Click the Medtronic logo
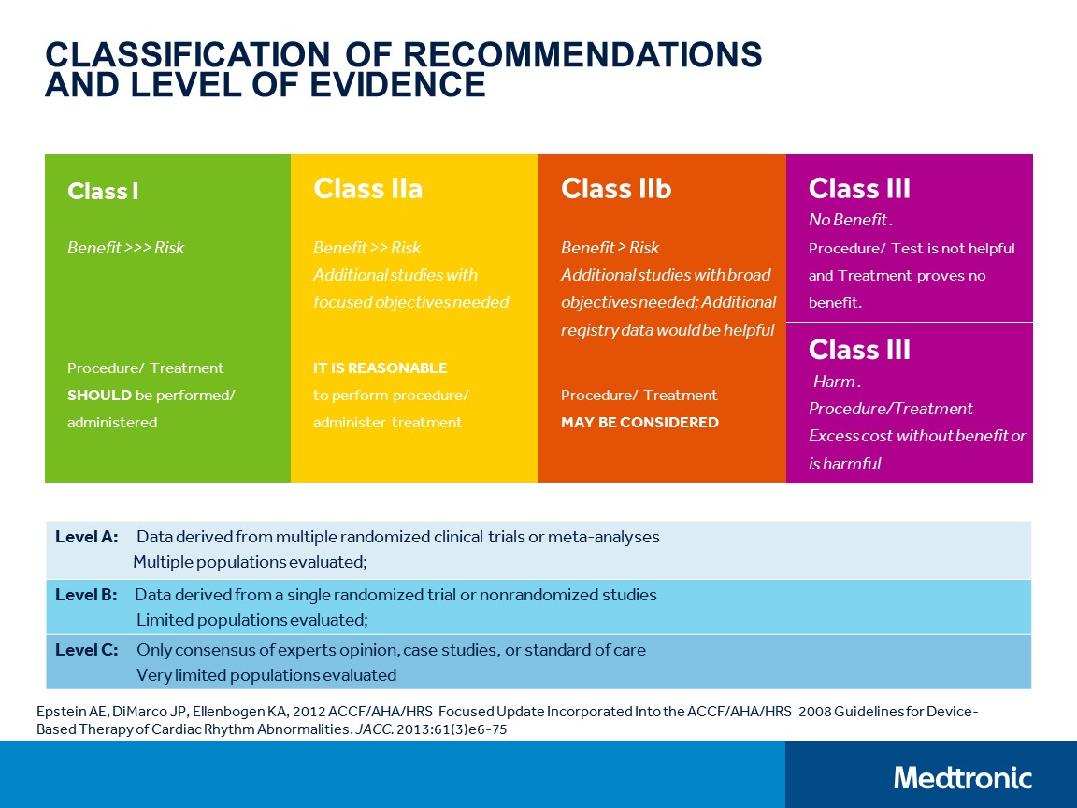point(962,777)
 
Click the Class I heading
point(103,192)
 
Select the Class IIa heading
point(367,189)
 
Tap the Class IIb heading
point(615,189)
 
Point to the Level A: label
point(86,537)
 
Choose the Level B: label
point(86,595)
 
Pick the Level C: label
point(86,650)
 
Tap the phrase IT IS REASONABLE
point(380,368)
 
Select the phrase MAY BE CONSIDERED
point(639,422)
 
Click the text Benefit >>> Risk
point(125,248)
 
